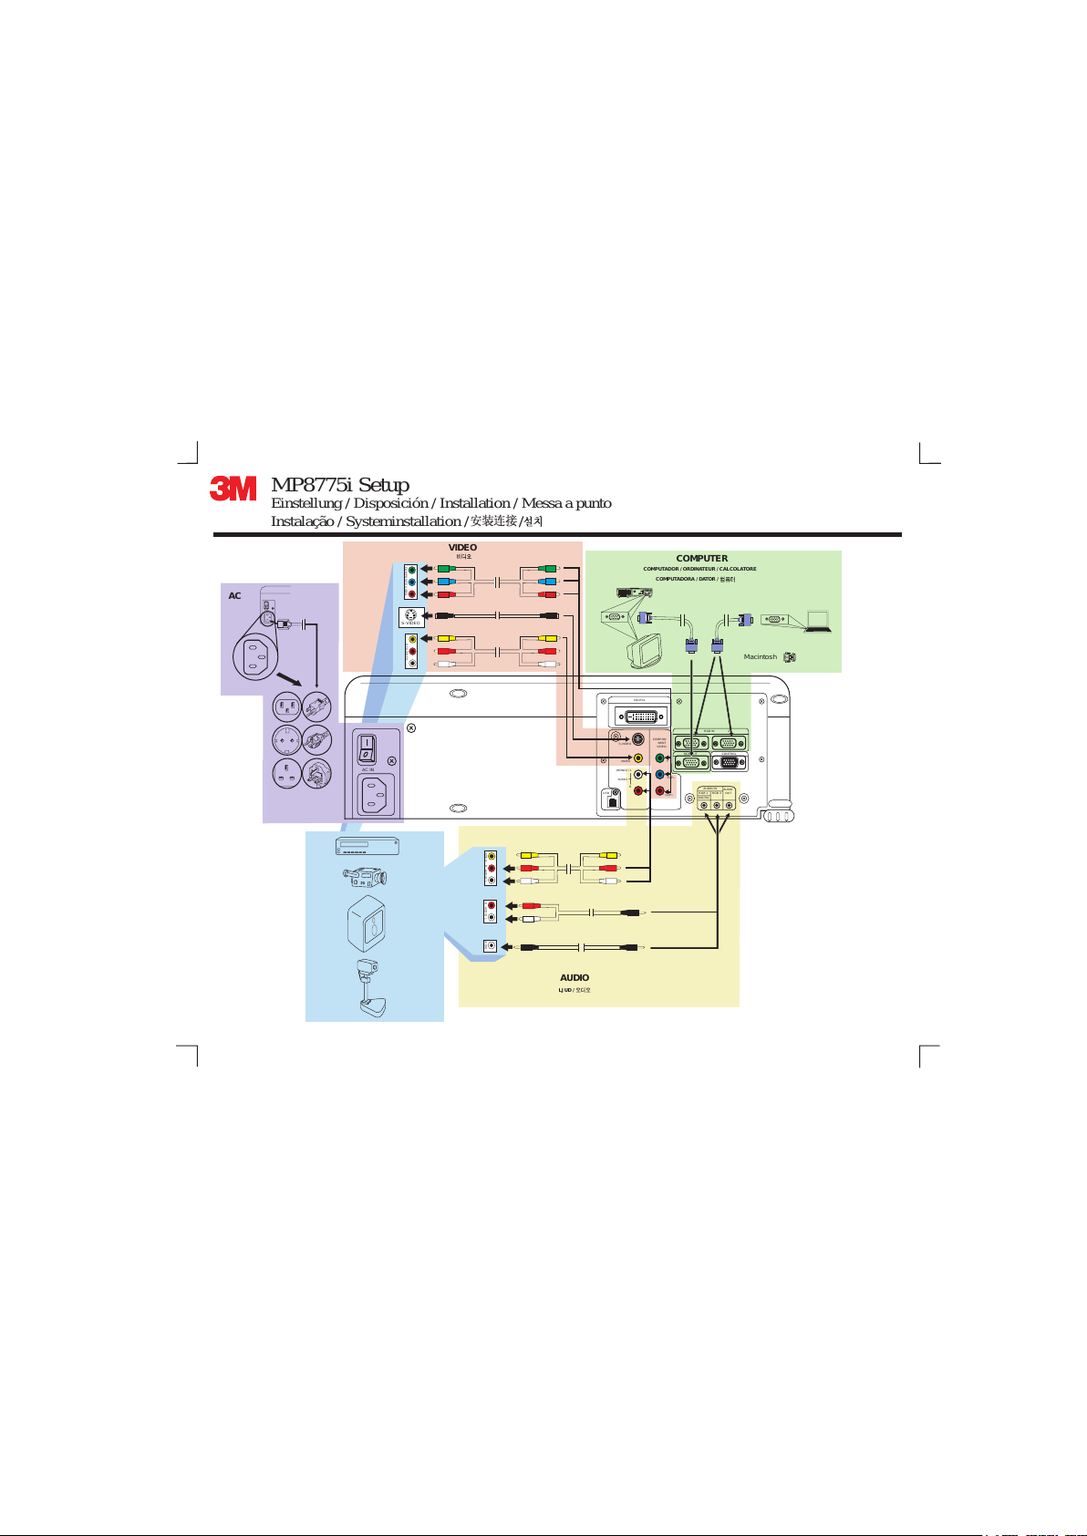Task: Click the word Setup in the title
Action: (x=384, y=485)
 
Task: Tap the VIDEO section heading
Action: (x=462, y=548)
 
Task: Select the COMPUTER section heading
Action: (x=701, y=558)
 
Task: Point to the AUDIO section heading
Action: (x=575, y=977)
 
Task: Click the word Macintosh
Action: (x=760, y=656)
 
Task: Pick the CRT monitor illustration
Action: (x=648, y=649)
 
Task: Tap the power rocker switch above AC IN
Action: (x=367, y=749)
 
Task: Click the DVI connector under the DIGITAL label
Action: (x=640, y=716)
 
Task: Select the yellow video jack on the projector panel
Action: (x=637, y=758)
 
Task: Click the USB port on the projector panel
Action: (x=612, y=801)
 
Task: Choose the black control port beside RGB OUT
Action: (x=730, y=762)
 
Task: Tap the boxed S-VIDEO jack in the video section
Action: (x=411, y=616)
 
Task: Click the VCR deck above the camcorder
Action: (x=368, y=847)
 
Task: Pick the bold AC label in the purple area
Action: (x=234, y=595)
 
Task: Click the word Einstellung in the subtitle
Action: (x=306, y=503)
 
